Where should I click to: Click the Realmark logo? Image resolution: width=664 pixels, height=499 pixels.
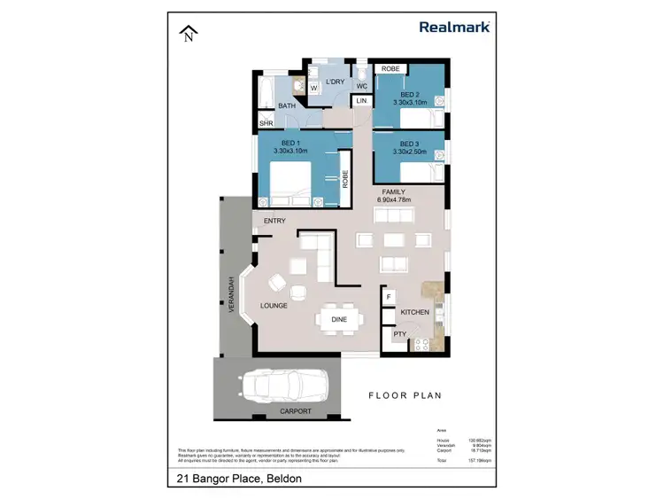point(453,27)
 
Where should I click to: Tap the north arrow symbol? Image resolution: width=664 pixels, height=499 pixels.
point(187,35)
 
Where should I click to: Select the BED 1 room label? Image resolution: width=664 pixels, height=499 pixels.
point(290,143)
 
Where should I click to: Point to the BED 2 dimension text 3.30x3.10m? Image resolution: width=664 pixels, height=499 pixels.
point(409,102)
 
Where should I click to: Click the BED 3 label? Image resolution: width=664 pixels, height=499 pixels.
point(408,144)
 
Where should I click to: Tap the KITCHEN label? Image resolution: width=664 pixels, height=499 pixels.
point(414,312)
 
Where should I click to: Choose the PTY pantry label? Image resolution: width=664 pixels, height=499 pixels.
point(399,334)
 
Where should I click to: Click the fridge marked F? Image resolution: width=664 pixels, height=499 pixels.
point(389,296)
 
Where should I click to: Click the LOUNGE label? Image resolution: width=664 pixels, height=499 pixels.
point(274,306)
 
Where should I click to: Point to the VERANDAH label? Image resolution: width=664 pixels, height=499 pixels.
point(228,292)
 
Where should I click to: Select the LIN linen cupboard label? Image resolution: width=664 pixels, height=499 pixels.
point(361,102)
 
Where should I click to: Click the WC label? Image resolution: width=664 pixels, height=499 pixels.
point(362,86)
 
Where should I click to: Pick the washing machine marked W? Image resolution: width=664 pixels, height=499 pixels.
point(313,88)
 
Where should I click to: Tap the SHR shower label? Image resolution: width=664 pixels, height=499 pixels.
point(265,123)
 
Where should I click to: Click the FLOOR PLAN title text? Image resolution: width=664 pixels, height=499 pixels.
point(405,395)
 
